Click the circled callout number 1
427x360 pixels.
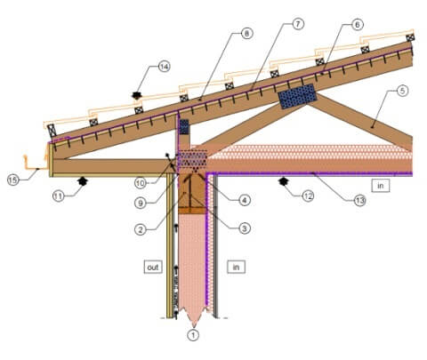193,335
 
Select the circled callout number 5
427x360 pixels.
402,91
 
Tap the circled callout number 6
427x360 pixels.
358,24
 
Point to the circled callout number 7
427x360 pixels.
298,24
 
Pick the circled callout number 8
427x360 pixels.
246,33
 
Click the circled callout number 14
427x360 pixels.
164,67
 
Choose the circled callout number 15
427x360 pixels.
13,180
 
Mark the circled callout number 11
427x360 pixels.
59,196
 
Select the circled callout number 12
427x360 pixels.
308,196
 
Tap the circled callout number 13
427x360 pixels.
359,201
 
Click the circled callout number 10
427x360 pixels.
141,183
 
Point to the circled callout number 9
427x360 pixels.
141,203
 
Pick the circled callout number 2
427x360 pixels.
141,229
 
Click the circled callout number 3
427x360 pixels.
245,228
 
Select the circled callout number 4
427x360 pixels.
245,200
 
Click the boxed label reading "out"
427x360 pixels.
153,267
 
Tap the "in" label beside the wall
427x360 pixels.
236,267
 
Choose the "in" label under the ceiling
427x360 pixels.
380,186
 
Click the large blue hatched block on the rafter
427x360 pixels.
297,96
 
